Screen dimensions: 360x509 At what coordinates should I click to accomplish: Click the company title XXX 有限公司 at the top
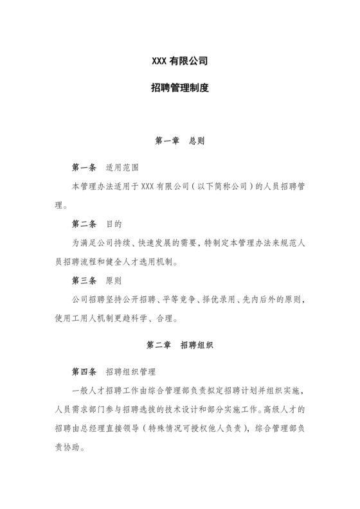[x=179, y=62]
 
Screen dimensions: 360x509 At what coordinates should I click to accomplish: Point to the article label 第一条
[x=84, y=168]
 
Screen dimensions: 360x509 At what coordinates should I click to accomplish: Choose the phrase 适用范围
[x=122, y=168]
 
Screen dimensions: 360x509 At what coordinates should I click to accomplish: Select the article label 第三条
[x=84, y=281]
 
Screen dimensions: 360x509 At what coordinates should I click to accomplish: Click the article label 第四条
[x=84, y=373]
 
